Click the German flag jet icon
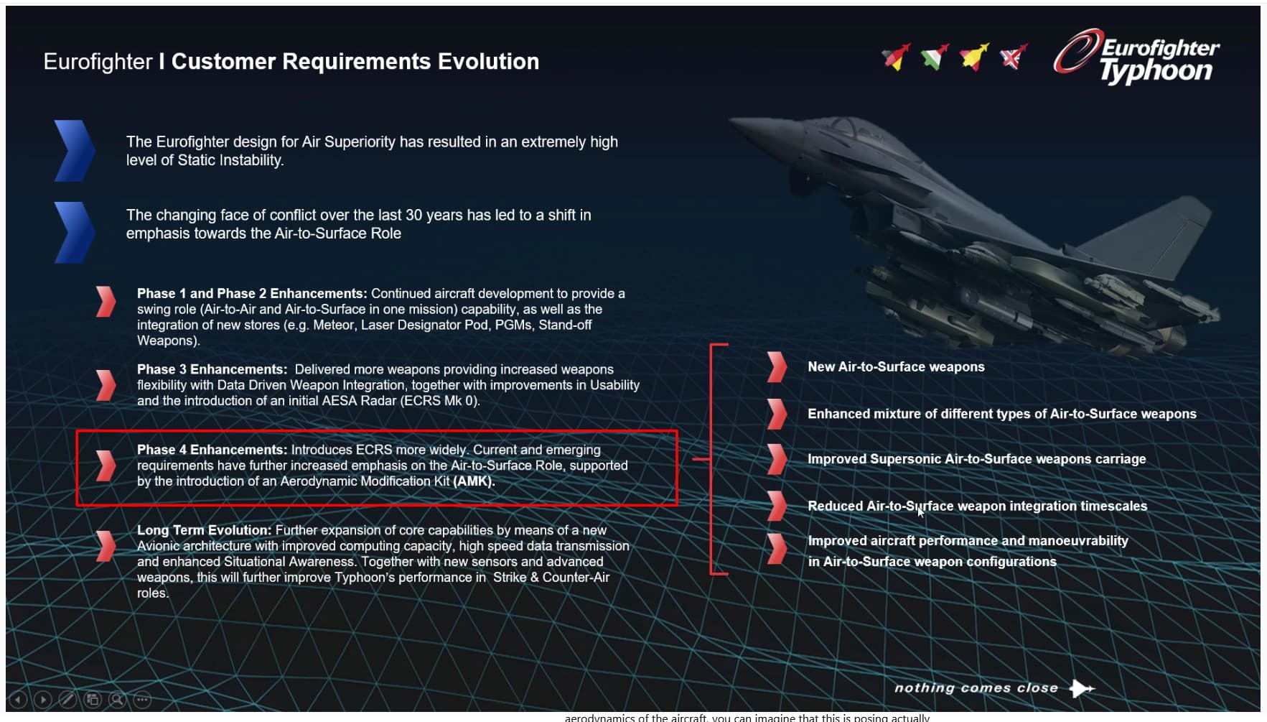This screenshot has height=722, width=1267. point(896,56)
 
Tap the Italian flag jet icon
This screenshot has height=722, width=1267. point(935,56)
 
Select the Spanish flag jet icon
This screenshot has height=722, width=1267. point(974,56)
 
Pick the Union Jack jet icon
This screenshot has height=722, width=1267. point(1014,56)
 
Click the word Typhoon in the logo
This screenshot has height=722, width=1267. point(1156,71)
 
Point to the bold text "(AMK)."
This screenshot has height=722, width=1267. point(474,481)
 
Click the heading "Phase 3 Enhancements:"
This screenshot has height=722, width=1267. point(212,369)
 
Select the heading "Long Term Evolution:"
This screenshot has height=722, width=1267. point(205,530)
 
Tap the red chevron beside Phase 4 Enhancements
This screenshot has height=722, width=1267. point(106,466)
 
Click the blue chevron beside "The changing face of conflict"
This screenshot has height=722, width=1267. point(74,232)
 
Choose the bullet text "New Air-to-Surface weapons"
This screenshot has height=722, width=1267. point(896,366)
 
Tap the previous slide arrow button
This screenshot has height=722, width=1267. point(18,699)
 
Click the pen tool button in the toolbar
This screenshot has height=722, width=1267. point(67,699)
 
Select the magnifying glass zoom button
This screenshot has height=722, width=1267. point(117,699)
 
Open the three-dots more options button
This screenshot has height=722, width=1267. point(142,699)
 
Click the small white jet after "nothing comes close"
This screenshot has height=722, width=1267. point(1082,688)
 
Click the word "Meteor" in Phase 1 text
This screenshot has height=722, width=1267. point(333,325)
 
